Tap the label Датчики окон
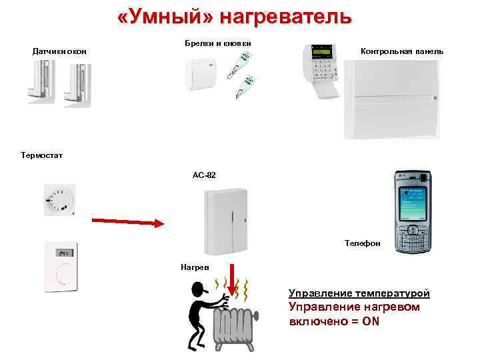click(x=59, y=51)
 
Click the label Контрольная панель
click(x=401, y=51)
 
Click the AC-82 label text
click(x=204, y=175)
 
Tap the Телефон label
click(x=363, y=244)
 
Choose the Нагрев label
click(x=195, y=267)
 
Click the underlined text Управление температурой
click(x=359, y=293)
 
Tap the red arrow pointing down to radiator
click(x=231, y=281)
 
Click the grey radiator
click(x=235, y=327)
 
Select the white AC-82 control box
click(x=224, y=220)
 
